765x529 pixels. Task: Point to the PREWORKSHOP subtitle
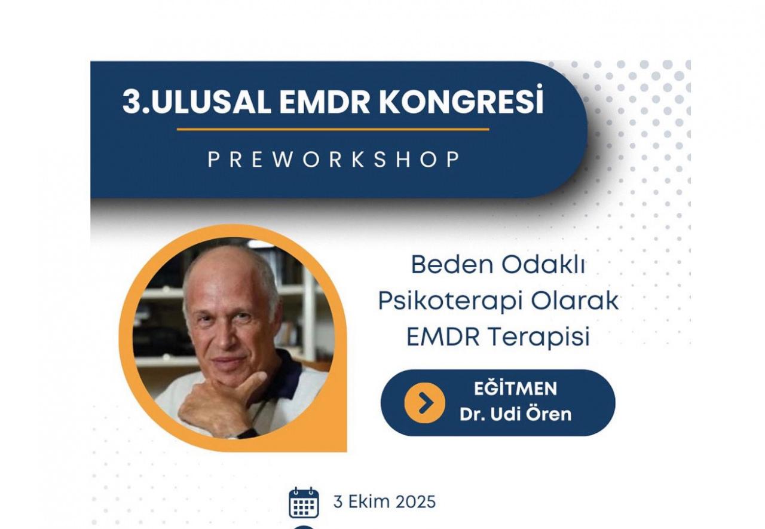[x=334, y=160]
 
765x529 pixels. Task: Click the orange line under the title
[x=333, y=130]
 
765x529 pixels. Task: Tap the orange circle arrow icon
[x=424, y=403]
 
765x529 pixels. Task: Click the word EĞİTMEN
[x=515, y=389]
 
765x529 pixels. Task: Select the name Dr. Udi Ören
[x=515, y=414]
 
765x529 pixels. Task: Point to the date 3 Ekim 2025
[x=384, y=502]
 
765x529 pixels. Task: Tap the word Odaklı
[x=543, y=264]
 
